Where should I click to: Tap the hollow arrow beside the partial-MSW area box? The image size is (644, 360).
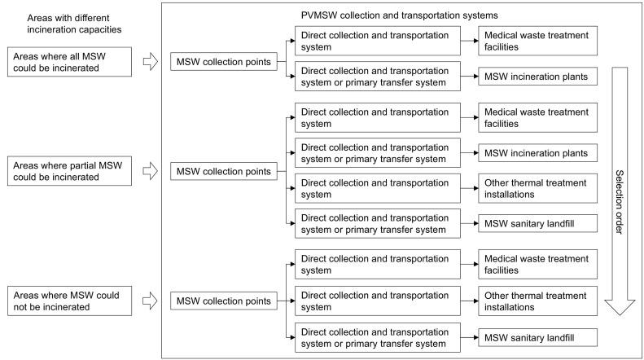(149, 172)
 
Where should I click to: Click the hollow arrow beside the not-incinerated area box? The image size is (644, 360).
(149, 301)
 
